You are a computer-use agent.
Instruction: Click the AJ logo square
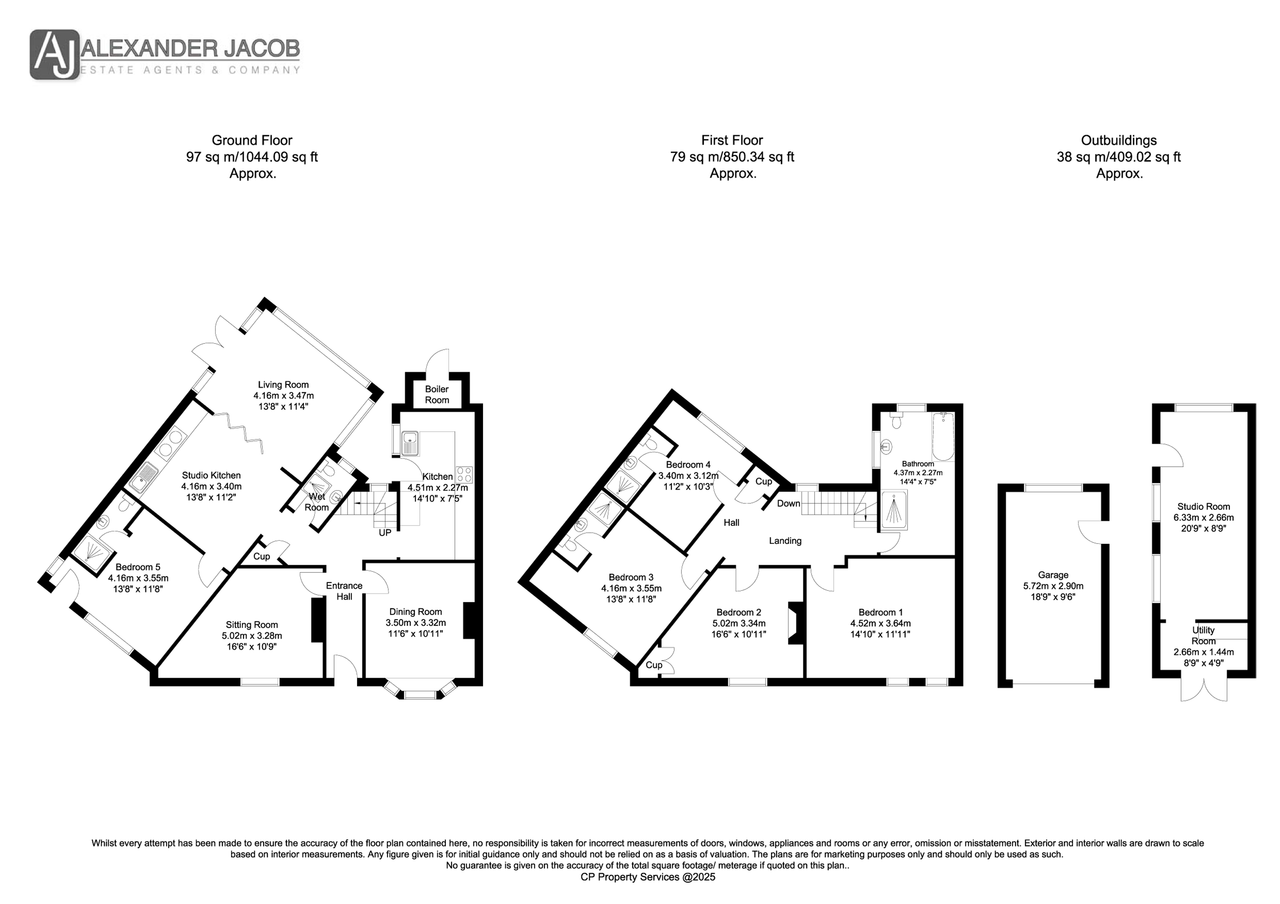55,55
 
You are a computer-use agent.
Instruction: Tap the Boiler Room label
437,394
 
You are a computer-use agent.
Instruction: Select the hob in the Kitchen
464,474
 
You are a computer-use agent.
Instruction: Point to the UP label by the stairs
385,532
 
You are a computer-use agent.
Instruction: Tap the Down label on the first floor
788,503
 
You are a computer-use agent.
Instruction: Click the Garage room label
1053,575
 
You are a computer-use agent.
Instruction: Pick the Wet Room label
317,502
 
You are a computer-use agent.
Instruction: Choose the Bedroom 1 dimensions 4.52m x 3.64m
880,623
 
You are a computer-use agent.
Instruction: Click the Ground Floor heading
252,140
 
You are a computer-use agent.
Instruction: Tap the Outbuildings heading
1119,140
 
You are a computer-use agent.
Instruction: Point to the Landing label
785,540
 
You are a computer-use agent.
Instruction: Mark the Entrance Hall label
344,591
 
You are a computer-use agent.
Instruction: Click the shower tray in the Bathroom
894,510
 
